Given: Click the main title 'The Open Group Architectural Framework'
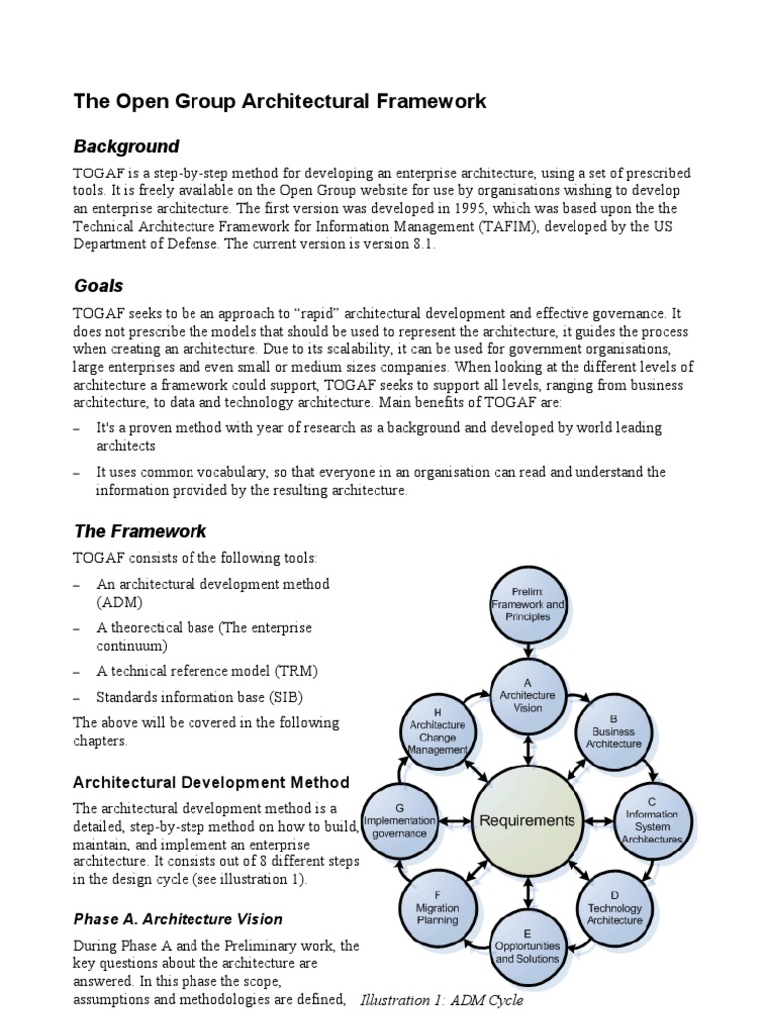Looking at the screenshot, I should pyautogui.click(x=279, y=101).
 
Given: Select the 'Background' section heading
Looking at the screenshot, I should pyautogui.click(x=126, y=147).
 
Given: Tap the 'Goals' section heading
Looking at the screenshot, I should pyautogui.click(x=98, y=286).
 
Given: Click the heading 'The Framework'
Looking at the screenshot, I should pyautogui.click(x=140, y=531).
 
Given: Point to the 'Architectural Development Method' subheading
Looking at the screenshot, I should pyautogui.click(x=211, y=782).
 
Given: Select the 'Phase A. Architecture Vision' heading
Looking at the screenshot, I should pyautogui.click(x=178, y=919).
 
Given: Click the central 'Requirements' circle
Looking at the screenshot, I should pyautogui.click(x=528, y=821).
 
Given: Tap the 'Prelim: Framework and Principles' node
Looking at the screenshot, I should pyautogui.click(x=528, y=604).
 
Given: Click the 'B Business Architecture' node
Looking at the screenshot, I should pyautogui.click(x=614, y=731).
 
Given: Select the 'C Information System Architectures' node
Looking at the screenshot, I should pyautogui.click(x=652, y=820).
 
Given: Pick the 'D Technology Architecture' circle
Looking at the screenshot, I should pyautogui.click(x=615, y=908).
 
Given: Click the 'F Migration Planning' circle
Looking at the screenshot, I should pyautogui.click(x=437, y=908).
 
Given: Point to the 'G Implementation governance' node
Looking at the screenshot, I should pyautogui.click(x=399, y=820).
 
